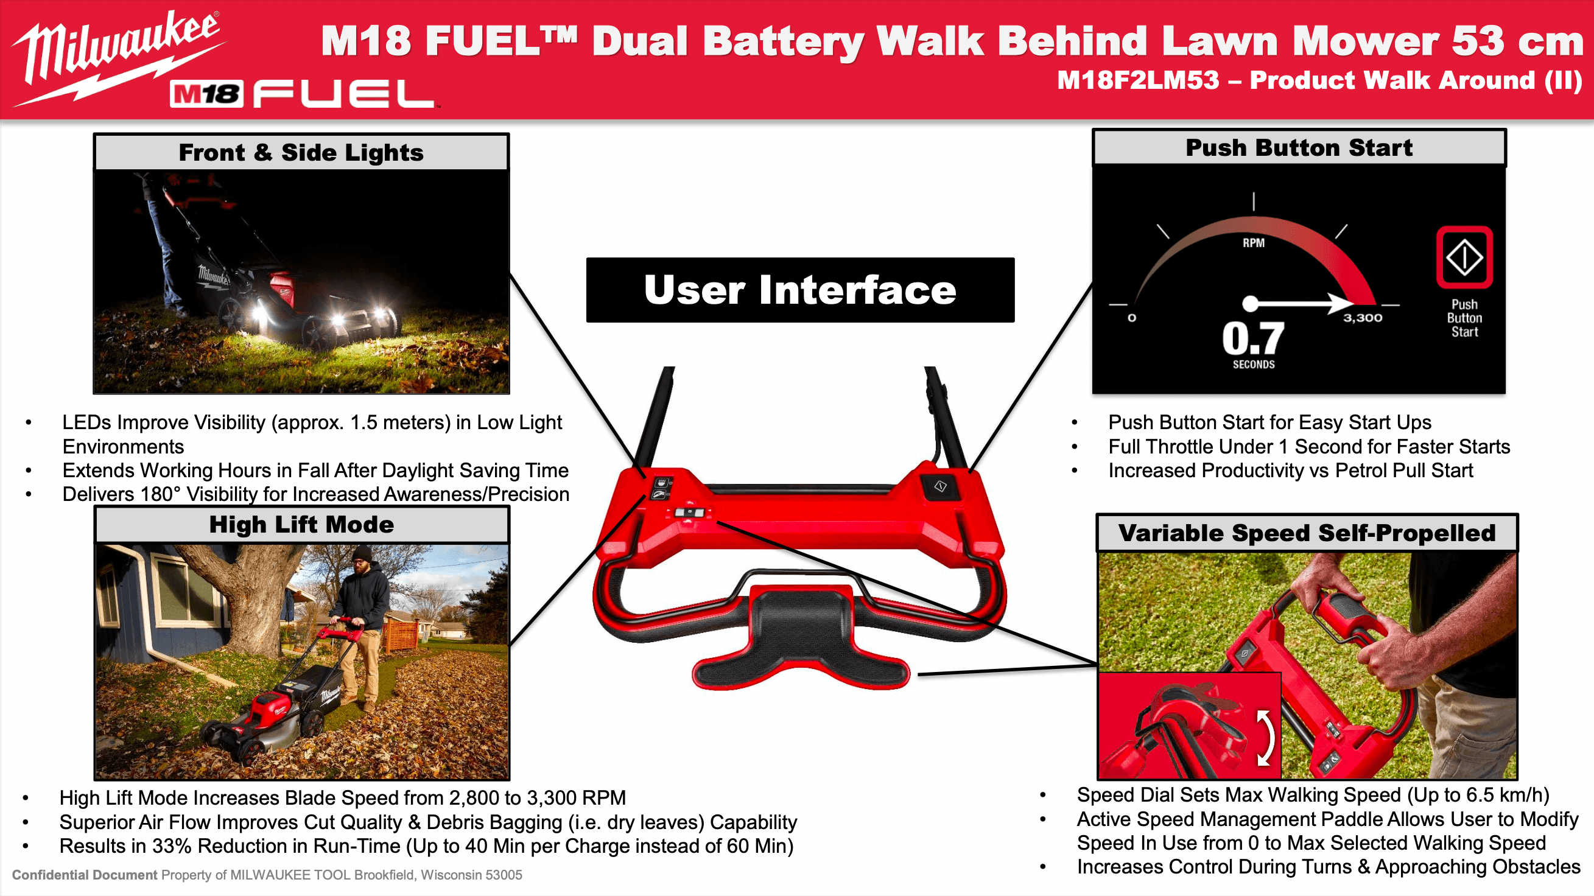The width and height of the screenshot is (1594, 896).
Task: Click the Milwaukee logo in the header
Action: point(118,55)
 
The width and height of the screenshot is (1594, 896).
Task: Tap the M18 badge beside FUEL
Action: point(206,94)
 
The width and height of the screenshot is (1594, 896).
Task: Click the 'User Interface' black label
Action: point(800,290)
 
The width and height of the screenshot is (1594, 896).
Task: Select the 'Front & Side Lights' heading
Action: point(301,152)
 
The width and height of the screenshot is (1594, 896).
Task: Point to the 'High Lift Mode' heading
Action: point(301,525)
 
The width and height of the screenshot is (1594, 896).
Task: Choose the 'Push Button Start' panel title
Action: point(1299,148)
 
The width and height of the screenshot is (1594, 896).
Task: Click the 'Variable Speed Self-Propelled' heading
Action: point(1307,533)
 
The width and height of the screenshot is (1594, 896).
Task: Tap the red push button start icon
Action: point(1464,257)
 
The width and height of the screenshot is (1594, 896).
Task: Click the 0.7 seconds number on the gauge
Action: point(1253,338)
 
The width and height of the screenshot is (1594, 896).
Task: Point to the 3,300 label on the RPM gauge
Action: point(1363,318)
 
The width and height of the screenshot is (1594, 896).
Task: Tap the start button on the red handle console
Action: point(940,486)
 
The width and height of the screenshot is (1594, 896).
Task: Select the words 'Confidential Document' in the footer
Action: point(85,875)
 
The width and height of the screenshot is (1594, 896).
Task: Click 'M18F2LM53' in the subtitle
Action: point(1138,80)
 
